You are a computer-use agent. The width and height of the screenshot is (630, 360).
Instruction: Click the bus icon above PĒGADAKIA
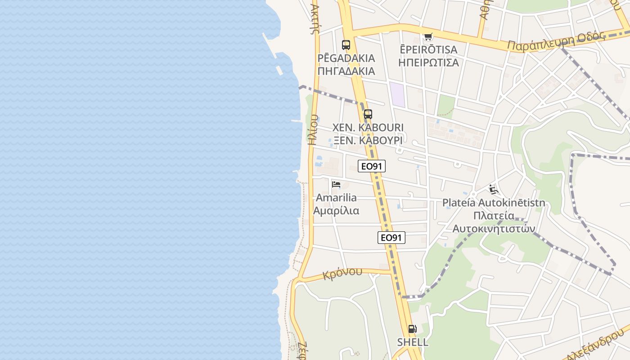tap(346, 45)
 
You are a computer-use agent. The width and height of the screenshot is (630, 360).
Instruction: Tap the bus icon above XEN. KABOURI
tap(368, 114)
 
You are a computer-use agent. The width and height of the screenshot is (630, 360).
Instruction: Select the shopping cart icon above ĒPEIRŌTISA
tap(428, 37)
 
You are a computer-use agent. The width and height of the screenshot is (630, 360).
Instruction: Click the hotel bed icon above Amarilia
tap(336, 184)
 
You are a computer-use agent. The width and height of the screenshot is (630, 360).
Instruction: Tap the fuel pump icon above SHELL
tap(412, 329)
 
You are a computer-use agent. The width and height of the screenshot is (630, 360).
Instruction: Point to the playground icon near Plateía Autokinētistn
tap(494, 189)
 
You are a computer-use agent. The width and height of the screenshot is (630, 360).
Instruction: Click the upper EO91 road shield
tap(372, 166)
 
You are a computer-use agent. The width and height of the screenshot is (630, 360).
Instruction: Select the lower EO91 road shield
tap(391, 238)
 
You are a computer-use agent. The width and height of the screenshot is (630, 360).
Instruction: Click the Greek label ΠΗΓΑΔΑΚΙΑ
tap(346, 71)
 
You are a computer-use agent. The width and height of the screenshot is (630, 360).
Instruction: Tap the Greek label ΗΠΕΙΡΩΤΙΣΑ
tap(429, 63)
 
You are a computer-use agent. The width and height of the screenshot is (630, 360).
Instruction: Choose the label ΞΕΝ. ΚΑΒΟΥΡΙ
tap(368, 140)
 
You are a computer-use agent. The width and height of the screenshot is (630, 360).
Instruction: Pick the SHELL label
tap(412, 342)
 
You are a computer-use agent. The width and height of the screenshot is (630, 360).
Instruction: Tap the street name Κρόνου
tap(342, 273)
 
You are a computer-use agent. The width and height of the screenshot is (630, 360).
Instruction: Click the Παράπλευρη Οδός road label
tap(555, 41)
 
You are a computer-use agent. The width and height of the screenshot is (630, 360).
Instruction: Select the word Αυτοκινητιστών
tap(494, 229)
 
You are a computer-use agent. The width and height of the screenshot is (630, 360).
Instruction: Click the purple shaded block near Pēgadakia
tap(397, 94)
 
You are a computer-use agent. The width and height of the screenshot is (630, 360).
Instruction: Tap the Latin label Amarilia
tap(336, 198)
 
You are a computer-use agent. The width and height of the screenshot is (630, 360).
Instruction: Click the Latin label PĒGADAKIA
tap(346, 58)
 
